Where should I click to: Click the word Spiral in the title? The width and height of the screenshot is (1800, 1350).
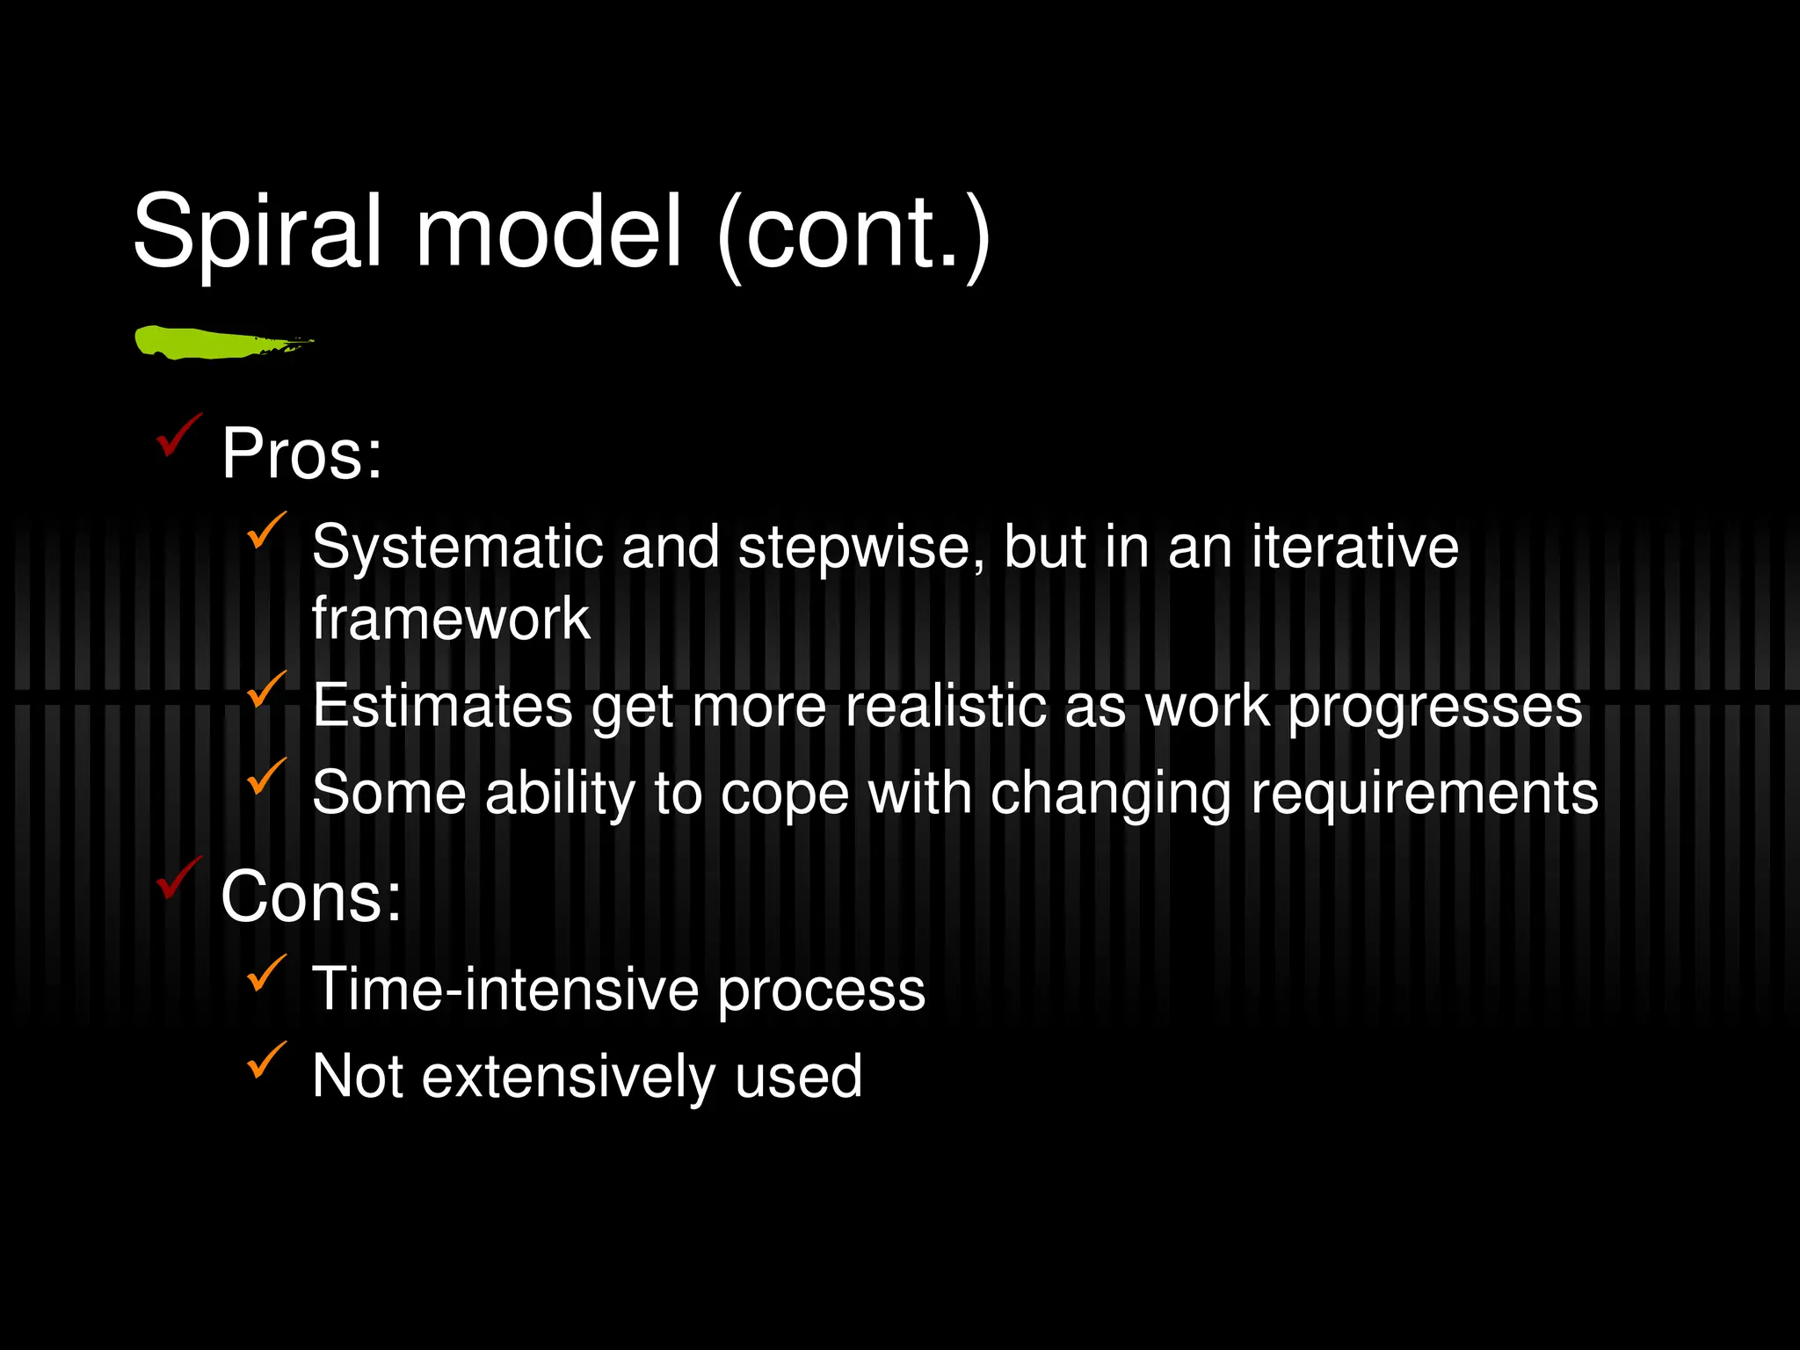coord(258,232)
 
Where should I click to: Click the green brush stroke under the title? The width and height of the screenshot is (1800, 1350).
coord(220,342)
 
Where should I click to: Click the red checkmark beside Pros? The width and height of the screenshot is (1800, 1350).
coord(178,435)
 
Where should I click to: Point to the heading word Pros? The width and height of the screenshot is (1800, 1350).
coord(301,454)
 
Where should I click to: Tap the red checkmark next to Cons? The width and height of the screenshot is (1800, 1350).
coord(178,878)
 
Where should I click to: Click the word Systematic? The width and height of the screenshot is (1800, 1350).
coord(457,547)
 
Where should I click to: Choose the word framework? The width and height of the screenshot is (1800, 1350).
coord(451,618)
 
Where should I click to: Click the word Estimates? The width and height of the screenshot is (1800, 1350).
coord(443,705)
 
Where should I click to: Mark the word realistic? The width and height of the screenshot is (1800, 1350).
coord(947,705)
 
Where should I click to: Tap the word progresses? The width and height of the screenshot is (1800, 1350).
coord(1434,707)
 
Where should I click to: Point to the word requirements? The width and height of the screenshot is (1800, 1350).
coord(1424,794)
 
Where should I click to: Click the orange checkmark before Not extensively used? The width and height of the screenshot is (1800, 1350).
coord(265,1060)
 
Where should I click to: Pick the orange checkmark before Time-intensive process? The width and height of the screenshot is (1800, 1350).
coord(265,973)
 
